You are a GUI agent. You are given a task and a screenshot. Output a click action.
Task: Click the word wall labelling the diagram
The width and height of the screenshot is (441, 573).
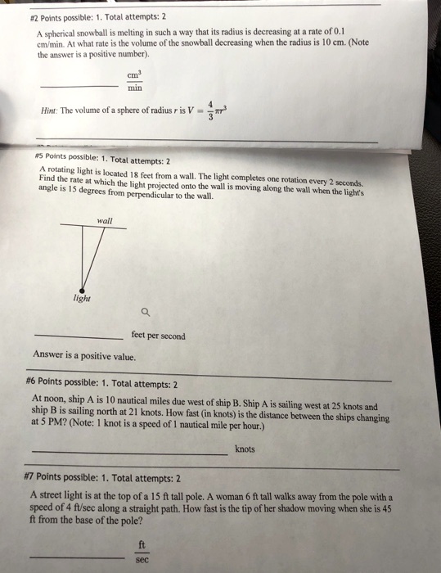[x=104, y=220]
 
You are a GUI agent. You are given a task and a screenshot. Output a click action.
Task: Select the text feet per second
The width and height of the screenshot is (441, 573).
[x=158, y=336]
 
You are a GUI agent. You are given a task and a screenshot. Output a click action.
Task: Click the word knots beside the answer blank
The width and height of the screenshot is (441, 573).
[x=245, y=449]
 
